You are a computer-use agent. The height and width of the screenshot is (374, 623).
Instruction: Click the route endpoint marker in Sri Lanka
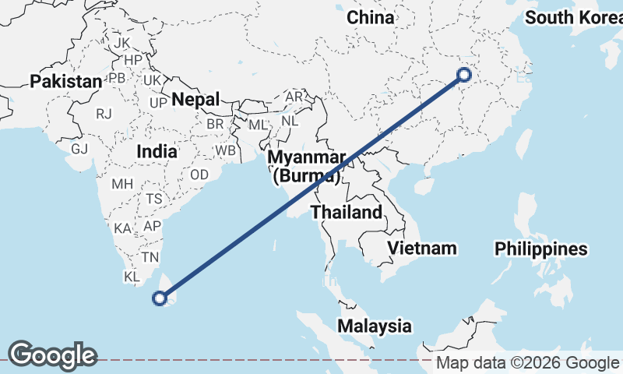[x=160, y=298]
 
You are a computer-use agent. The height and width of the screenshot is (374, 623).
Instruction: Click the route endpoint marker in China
[x=464, y=75]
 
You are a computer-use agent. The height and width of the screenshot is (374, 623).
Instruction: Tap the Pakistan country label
[x=66, y=81]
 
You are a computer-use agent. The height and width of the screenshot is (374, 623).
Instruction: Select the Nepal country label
[x=195, y=99]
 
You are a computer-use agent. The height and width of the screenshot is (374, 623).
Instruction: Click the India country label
[x=156, y=152]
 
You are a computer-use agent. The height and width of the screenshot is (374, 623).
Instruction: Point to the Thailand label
[x=347, y=212]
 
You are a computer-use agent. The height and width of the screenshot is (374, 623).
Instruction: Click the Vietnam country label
[x=421, y=249]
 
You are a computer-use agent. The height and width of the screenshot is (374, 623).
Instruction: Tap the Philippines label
[x=541, y=249]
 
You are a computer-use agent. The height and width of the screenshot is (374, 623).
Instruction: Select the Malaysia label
[x=375, y=326]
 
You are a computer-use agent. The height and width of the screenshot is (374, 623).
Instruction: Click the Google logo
[x=52, y=355]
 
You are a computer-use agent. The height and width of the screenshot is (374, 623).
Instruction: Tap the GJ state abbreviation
[x=79, y=149]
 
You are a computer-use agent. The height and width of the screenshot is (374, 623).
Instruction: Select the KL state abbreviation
[x=132, y=277]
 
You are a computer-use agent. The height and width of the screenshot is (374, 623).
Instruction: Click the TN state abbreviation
[x=150, y=257]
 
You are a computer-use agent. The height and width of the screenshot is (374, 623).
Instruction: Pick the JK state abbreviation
[x=122, y=42]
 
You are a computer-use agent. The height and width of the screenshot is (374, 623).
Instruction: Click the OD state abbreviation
[x=199, y=175]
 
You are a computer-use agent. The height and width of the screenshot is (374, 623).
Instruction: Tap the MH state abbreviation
[x=123, y=185]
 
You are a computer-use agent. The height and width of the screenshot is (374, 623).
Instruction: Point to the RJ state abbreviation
[x=104, y=114]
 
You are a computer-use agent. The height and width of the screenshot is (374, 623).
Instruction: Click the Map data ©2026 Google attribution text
[x=526, y=363]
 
